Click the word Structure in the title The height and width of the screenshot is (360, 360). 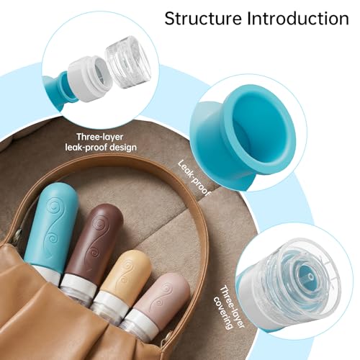click(x=203, y=19)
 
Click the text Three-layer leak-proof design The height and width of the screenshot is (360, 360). click(x=101, y=142)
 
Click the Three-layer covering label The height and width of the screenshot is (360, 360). click(x=229, y=307)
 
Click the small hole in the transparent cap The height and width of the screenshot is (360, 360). click(x=310, y=277)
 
